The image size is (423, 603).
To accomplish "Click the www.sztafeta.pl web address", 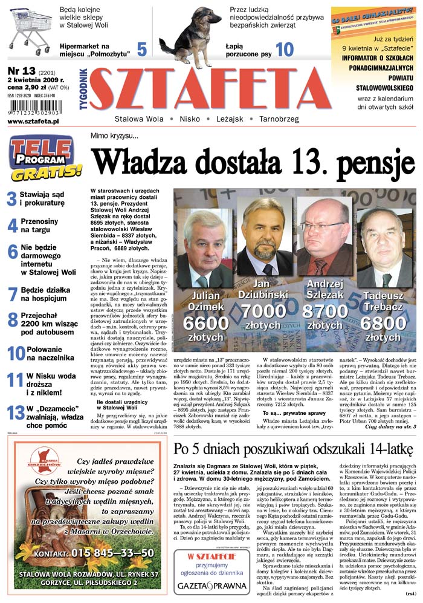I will point(33,121).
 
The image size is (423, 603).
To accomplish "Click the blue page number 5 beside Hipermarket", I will point(142,49).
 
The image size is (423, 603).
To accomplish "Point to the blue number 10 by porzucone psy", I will point(285,49).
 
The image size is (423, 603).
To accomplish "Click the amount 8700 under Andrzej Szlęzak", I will point(325,312).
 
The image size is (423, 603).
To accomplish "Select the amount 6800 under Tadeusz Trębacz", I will point(383,322).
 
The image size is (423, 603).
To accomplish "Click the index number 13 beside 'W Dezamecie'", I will point(15,413).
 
